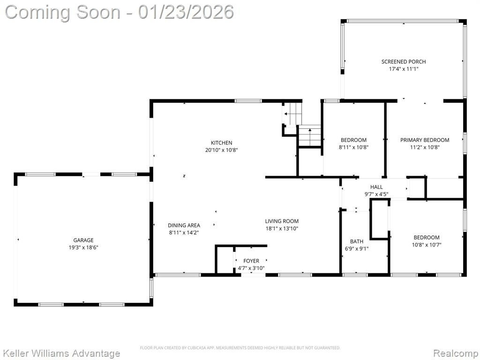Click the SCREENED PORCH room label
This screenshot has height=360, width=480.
point(404,61)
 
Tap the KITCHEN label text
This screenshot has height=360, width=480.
point(221,142)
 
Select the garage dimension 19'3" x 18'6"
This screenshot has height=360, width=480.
point(83,247)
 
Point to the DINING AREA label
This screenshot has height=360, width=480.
point(184,225)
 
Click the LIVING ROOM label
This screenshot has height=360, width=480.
point(282,221)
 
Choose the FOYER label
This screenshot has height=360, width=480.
point(251,261)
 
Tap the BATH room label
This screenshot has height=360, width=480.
point(357,241)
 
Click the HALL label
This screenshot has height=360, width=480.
point(376,187)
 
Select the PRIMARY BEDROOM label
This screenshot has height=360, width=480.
point(425,140)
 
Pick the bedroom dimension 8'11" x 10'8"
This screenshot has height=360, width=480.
point(353,147)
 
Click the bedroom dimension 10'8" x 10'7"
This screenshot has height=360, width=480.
point(427,245)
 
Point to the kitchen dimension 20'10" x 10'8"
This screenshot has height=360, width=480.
point(221,150)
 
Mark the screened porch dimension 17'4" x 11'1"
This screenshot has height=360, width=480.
point(404,69)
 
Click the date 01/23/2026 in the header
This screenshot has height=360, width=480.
point(186,12)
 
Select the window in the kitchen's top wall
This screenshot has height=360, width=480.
point(248,101)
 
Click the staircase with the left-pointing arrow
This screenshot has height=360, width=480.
point(292,114)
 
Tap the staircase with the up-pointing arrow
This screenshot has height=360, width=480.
point(309,135)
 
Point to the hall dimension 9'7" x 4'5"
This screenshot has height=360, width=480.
point(376,194)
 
